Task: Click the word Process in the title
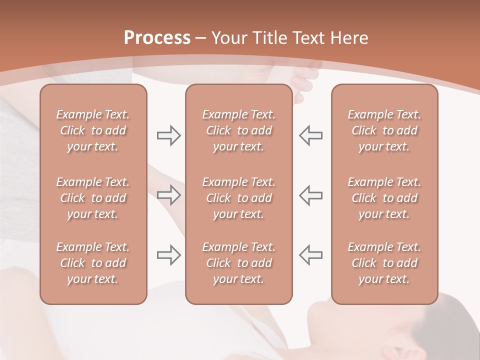157,38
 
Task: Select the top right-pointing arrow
168,135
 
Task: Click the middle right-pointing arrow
168,195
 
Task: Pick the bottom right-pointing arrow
168,255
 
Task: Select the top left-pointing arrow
310,135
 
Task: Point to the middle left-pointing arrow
310,195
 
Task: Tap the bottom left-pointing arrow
310,255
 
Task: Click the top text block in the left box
93,130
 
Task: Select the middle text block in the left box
93,198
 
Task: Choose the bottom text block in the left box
93,263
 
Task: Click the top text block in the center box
238,130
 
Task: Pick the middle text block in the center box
238,198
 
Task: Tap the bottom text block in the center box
238,263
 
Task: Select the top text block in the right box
384,130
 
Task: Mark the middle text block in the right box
384,198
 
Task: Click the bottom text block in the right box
384,263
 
